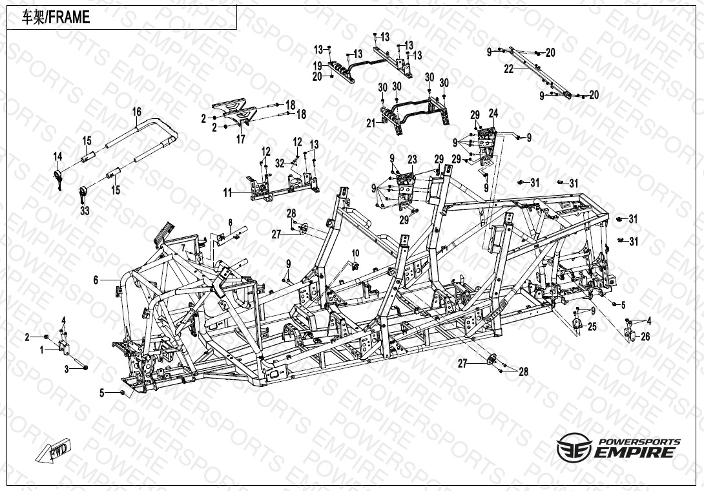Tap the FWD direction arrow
point(54,451)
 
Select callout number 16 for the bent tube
point(136,111)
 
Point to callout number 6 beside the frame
point(96,280)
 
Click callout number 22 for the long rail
point(508,69)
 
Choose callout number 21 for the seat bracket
point(371,123)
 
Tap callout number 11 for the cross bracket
point(228,193)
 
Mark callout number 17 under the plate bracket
point(241,140)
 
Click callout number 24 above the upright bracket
point(493,113)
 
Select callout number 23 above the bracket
point(412,160)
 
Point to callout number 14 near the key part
point(57,156)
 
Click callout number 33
point(85,210)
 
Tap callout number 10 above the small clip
point(355,253)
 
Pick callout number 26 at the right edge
point(645,337)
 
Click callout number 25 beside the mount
point(592,327)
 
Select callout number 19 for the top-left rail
point(317,66)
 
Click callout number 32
point(280,163)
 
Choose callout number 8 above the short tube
point(231,222)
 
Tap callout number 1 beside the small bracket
point(42,350)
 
